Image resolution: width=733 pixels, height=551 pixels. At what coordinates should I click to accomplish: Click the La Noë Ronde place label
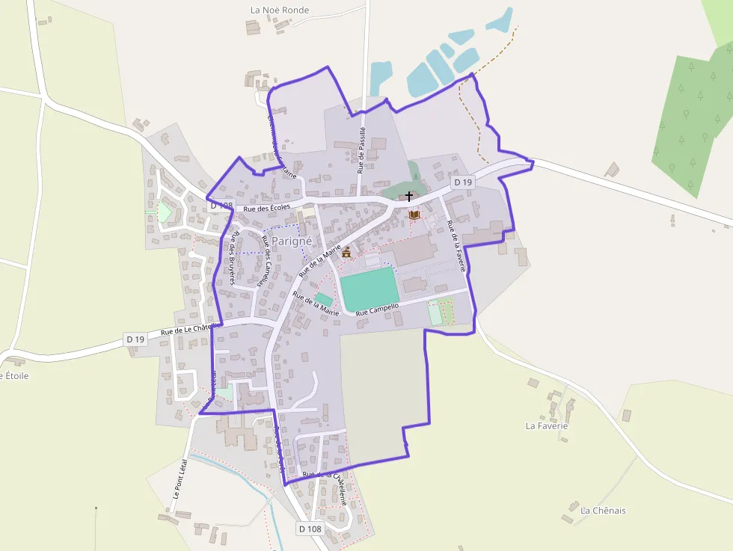pos(280,10)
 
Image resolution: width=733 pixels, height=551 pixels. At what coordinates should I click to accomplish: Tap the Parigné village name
pos(291,241)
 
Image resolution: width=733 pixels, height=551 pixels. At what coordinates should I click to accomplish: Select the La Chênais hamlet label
pos(603,511)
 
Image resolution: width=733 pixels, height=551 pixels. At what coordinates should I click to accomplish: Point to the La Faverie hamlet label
pos(547,426)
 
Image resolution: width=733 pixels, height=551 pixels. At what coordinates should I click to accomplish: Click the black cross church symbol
pos(408,197)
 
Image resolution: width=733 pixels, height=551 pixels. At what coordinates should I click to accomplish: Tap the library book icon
pos(414,215)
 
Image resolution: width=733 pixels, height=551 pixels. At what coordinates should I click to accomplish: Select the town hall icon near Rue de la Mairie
pos(346,253)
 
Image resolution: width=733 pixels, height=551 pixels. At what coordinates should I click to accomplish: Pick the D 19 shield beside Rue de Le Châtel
pos(135,339)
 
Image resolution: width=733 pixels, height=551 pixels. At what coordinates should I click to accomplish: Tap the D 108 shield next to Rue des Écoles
pos(221,205)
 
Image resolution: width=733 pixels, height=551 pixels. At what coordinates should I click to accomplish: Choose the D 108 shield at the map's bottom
pos(310,529)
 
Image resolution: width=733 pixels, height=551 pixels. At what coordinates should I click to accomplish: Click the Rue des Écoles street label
pos(266,208)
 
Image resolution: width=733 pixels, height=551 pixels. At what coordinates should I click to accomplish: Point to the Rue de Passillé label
pos(361,150)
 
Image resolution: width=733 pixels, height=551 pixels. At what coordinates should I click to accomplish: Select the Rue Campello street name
pos(378,309)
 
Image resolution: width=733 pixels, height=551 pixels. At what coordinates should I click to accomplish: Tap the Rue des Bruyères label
pos(234,258)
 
